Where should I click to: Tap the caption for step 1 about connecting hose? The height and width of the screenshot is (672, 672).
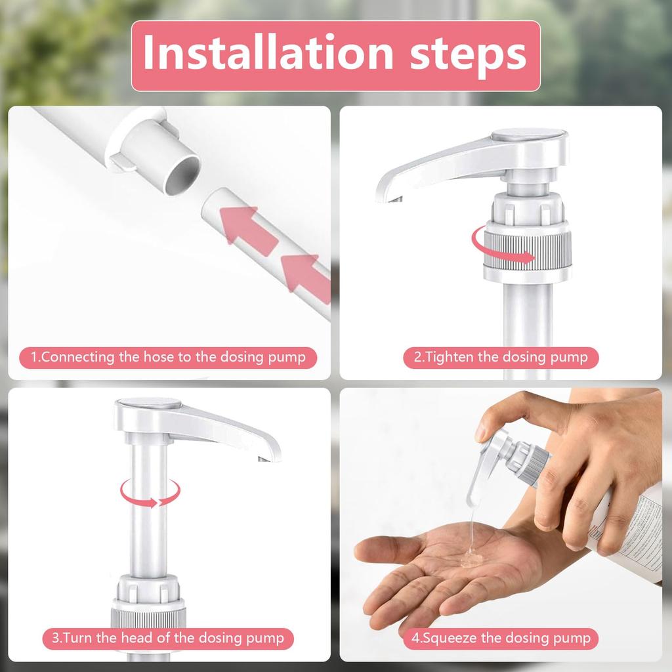pyautogui.click(x=169, y=358)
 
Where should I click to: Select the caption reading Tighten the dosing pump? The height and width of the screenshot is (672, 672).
pyautogui.click(x=501, y=358)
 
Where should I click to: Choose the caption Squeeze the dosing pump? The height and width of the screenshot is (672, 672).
pyautogui.click(x=501, y=637)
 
